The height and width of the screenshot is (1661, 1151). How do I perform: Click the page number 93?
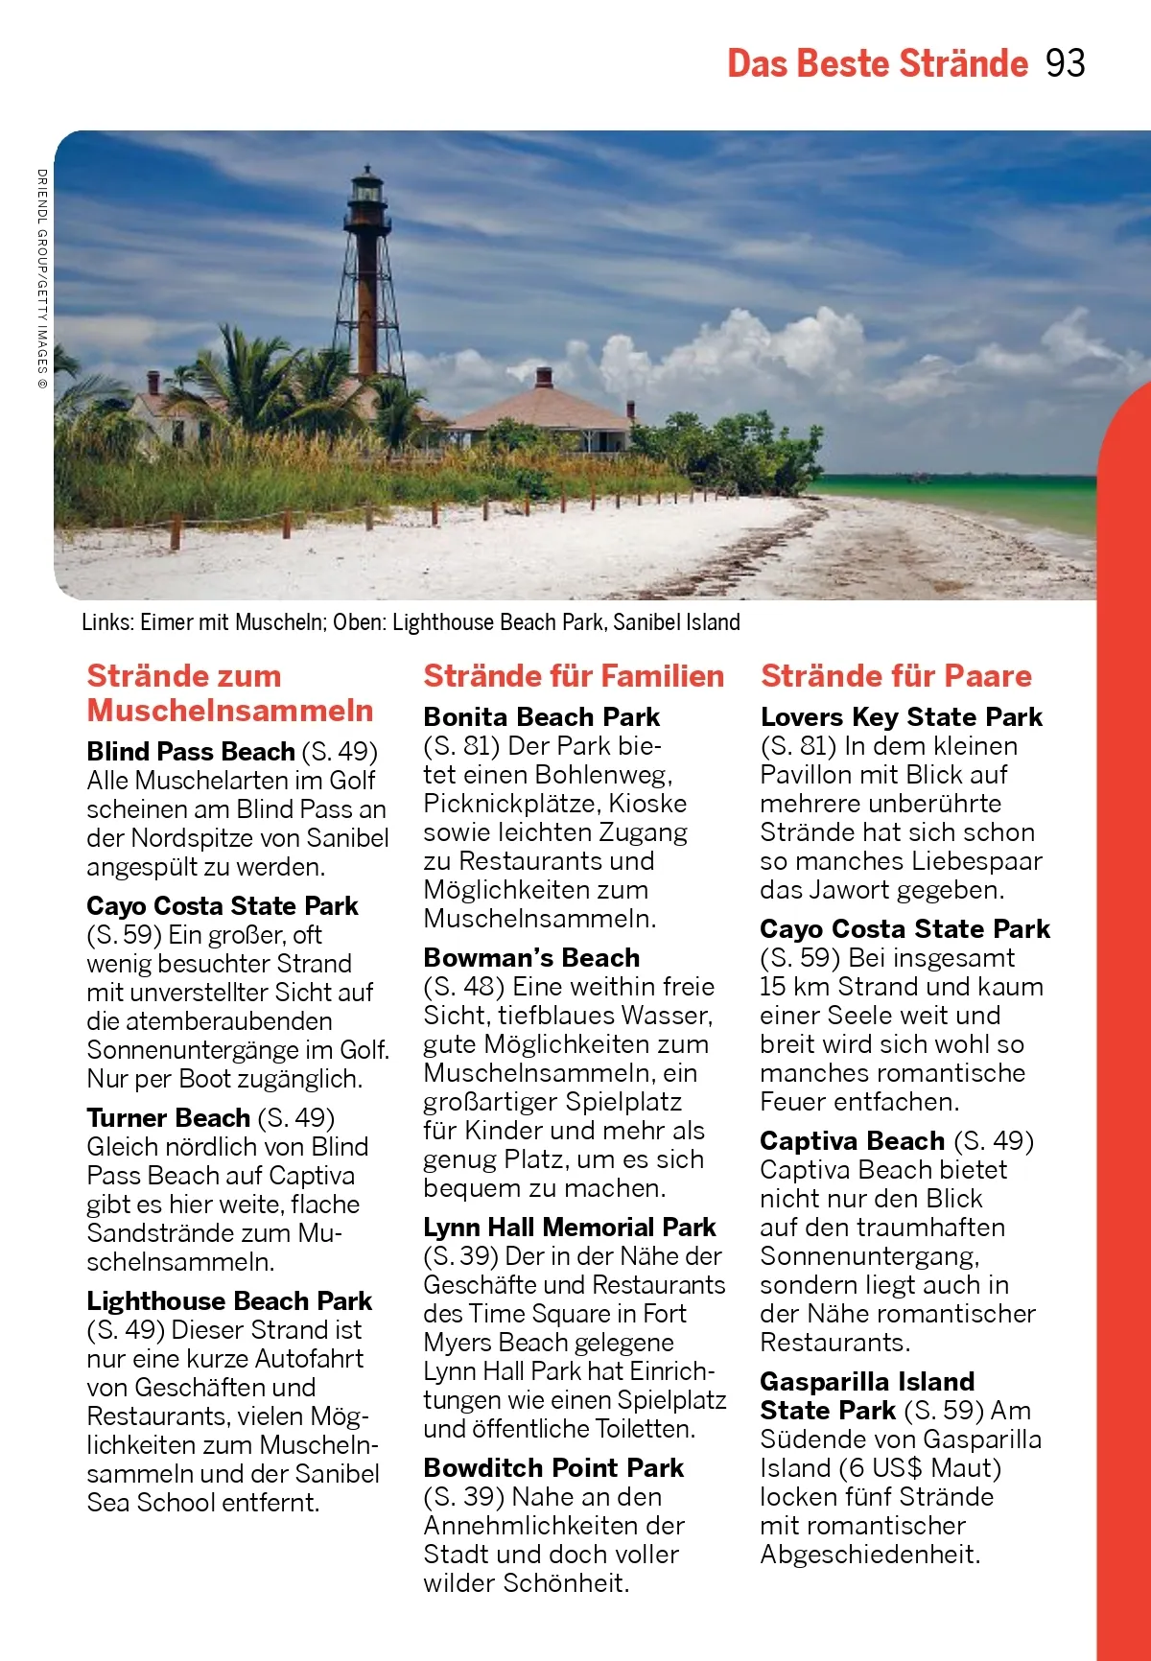[x=1065, y=63]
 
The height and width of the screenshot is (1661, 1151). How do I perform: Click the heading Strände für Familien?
[x=574, y=676]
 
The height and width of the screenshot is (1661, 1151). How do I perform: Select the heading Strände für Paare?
[x=896, y=676]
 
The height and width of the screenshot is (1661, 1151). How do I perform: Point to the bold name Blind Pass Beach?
[x=190, y=751]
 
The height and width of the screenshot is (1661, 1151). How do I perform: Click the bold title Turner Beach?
[x=168, y=1117]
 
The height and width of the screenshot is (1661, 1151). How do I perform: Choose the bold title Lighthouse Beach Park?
[x=229, y=1300]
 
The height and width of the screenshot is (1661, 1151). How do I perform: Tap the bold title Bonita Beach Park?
[x=541, y=716]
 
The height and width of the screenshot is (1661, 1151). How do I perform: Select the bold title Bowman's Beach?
[x=531, y=957]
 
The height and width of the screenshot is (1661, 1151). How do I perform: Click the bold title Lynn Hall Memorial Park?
[x=570, y=1227]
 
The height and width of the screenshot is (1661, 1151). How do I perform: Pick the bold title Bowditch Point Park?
[x=553, y=1467]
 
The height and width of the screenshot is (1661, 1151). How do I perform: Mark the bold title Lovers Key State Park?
[x=901, y=716]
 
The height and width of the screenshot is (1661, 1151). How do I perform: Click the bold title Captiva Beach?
[x=852, y=1140]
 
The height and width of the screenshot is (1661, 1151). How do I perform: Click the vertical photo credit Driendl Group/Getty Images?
[x=41, y=278]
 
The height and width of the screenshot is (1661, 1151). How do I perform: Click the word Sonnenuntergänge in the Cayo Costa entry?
[x=191, y=1049]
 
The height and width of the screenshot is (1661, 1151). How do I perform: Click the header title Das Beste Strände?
[x=877, y=63]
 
